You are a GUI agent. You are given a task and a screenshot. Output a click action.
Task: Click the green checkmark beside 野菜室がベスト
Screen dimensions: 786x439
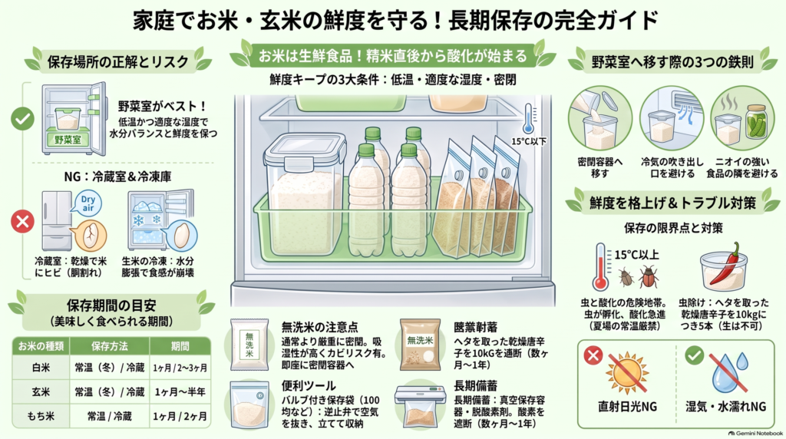click(x=22, y=119)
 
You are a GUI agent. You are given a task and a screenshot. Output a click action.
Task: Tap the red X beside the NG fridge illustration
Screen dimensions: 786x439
click(x=22, y=222)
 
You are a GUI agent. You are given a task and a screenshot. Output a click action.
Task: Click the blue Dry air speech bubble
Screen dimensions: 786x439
click(x=88, y=203)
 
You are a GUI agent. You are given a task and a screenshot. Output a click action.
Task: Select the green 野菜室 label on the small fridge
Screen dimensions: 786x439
click(x=68, y=140)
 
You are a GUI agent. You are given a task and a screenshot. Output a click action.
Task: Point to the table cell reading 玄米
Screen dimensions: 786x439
click(x=41, y=392)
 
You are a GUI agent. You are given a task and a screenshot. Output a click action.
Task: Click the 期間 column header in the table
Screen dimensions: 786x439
click(x=180, y=346)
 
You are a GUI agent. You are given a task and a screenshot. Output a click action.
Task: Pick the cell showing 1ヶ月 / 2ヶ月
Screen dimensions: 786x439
click(x=180, y=417)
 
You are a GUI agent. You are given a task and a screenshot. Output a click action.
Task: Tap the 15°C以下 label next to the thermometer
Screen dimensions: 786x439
click(x=528, y=141)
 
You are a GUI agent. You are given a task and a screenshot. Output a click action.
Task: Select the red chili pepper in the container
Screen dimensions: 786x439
click(x=727, y=265)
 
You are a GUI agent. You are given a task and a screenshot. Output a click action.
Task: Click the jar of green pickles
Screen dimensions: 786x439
click(x=755, y=121)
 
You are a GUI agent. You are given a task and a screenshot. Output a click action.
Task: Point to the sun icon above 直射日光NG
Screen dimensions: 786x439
click(x=627, y=373)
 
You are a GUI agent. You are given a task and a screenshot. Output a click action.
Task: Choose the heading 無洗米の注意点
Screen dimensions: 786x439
click(x=319, y=327)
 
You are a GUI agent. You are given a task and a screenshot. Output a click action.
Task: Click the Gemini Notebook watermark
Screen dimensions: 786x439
click(x=755, y=434)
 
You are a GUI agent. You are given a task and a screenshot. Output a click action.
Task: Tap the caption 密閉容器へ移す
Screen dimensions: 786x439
click(x=600, y=167)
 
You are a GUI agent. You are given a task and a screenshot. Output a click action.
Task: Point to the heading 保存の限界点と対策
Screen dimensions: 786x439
click(x=673, y=229)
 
